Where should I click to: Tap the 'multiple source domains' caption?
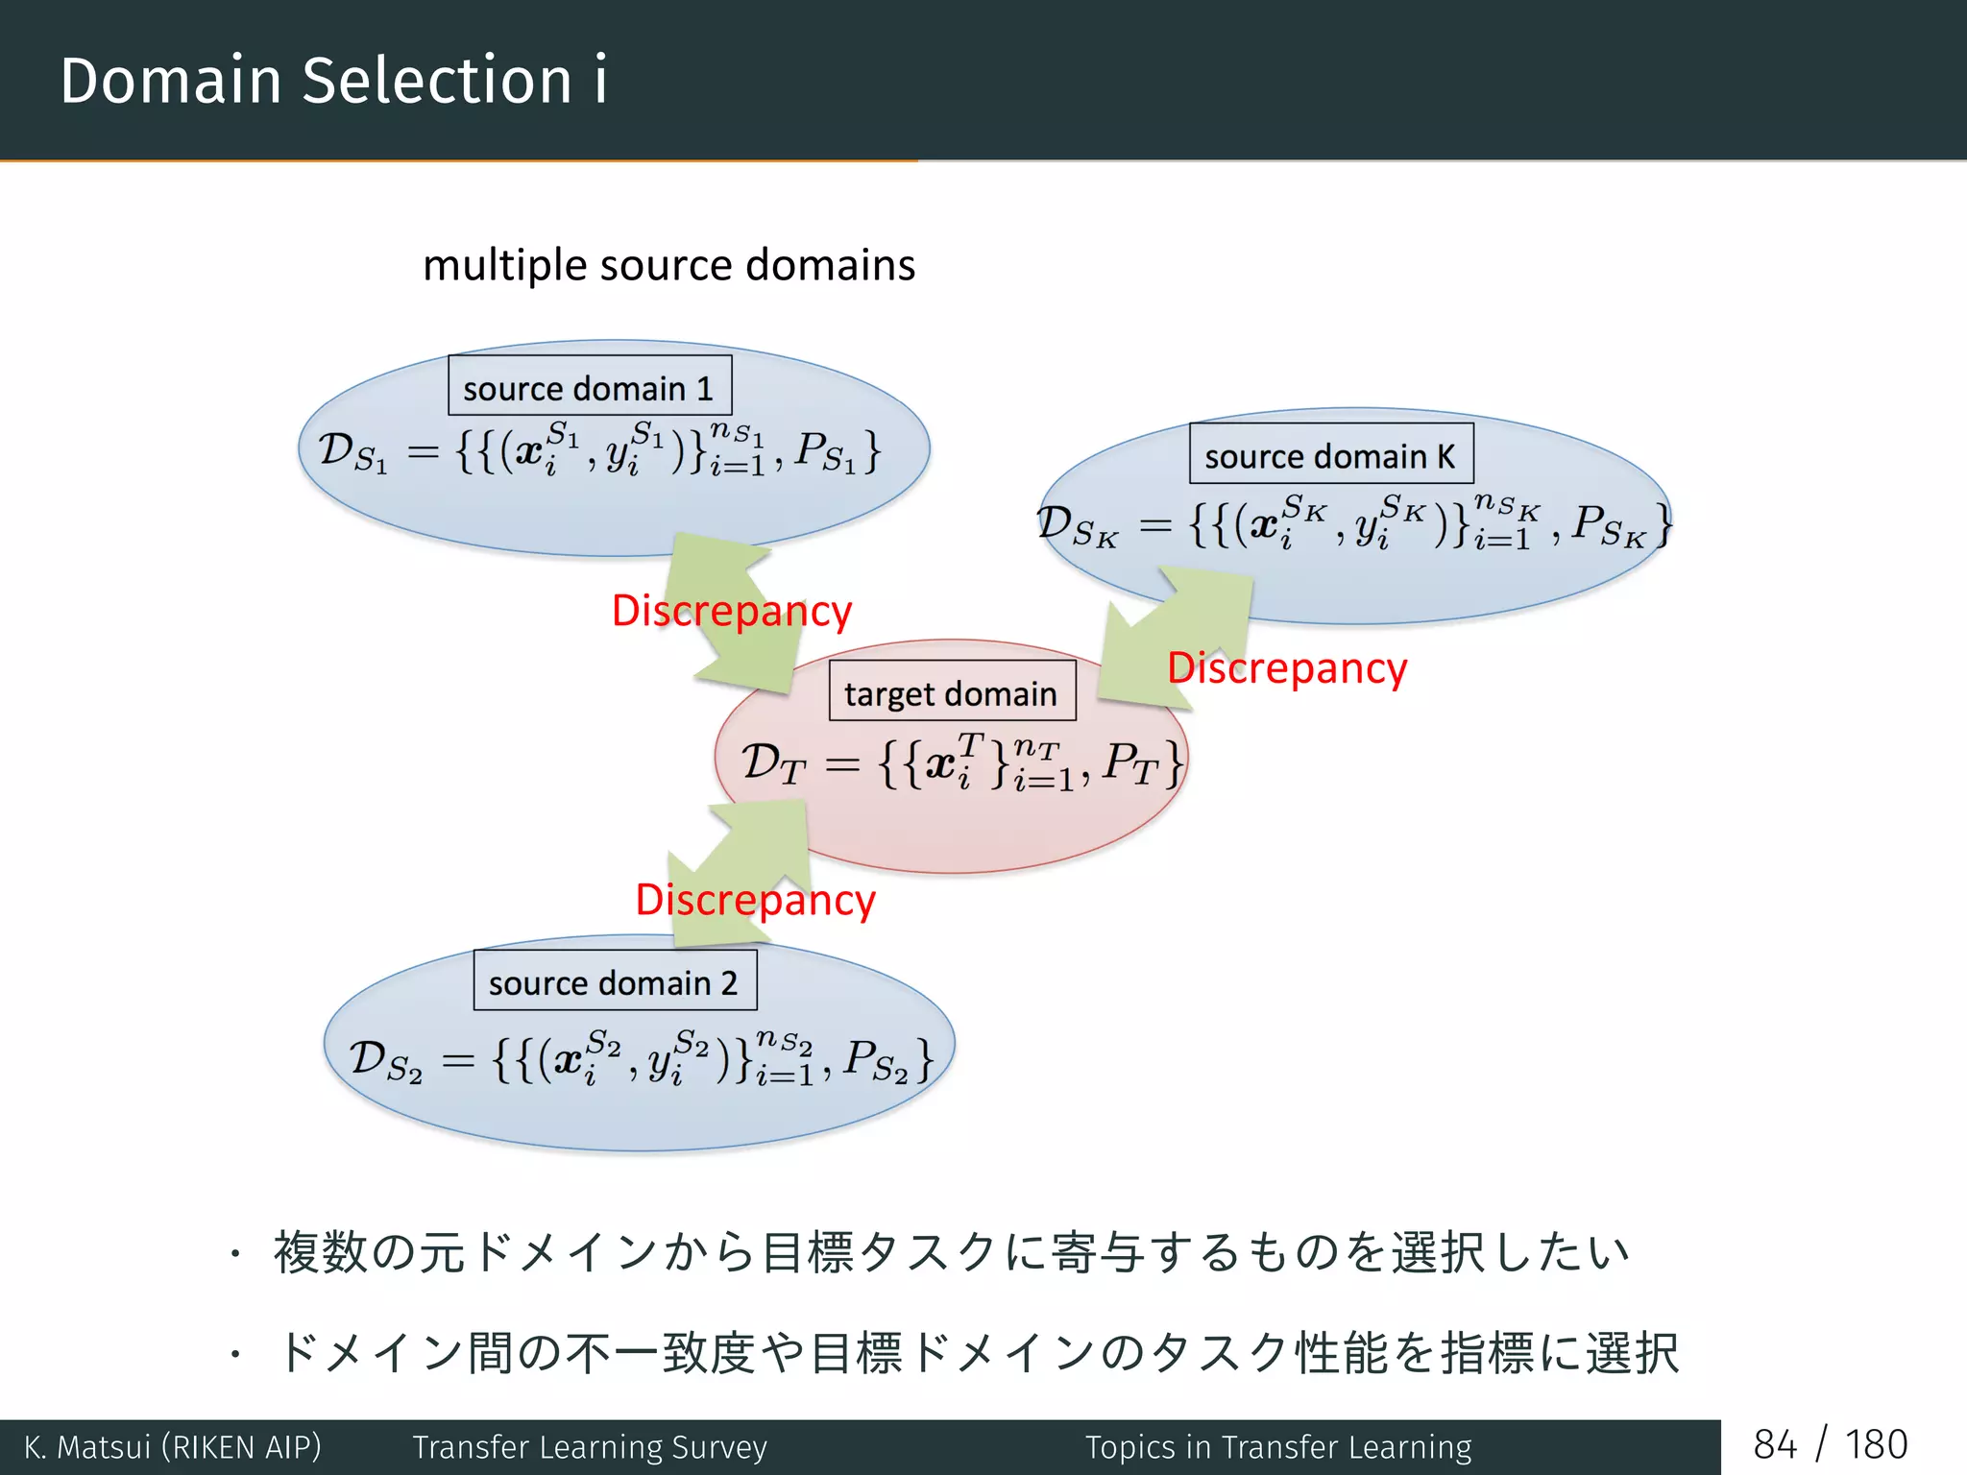coord(668,265)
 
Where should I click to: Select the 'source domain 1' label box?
coord(589,386)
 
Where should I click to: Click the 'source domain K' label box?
coord(1330,454)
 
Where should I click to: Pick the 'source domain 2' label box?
coord(615,980)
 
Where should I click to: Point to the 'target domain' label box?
coord(951,691)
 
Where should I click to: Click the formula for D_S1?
coord(599,449)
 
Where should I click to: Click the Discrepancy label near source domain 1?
coord(732,611)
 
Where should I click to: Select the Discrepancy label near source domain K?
coord(1287,668)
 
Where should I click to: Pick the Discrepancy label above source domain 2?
coord(755,901)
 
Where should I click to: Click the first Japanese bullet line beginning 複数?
coord(951,1252)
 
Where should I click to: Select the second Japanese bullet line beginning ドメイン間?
coord(977,1352)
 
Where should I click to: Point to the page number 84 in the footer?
coord(1774,1445)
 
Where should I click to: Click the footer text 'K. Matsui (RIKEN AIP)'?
coord(173,1447)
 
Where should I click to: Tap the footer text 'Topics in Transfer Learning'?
coord(1277,1447)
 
